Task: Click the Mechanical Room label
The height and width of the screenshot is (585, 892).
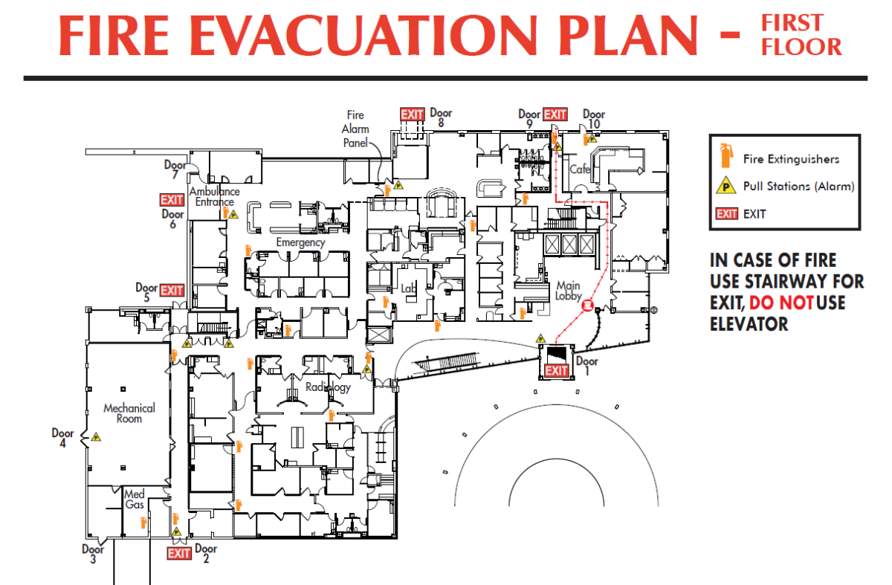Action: [x=129, y=413]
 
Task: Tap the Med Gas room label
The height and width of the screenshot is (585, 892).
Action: [x=134, y=500]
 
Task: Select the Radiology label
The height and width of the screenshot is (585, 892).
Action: [x=328, y=387]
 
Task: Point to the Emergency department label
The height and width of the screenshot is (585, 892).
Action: [x=300, y=242]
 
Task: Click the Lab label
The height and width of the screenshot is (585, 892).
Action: [x=408, y=288]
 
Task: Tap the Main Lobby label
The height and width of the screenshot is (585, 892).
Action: [x=568, y=290]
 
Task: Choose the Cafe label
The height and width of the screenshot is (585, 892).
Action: [x=580, y=169]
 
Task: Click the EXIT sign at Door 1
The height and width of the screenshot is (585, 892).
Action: [x=557, y=371]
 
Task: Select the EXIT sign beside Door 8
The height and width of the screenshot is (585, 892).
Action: [x=413, y=114]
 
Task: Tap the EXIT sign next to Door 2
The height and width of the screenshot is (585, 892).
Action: [x=179, y=553]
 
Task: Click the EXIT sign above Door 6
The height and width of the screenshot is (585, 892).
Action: [x=172, y=200]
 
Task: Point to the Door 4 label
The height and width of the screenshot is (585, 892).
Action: [x=62, y=438]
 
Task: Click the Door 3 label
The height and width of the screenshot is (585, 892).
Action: [x=93, y=554]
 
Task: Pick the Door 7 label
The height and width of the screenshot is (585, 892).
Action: [x=175, y=170]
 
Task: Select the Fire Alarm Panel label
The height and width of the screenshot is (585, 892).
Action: [x=355, y=129]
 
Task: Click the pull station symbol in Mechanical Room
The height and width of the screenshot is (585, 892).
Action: [x=96, y=438]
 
